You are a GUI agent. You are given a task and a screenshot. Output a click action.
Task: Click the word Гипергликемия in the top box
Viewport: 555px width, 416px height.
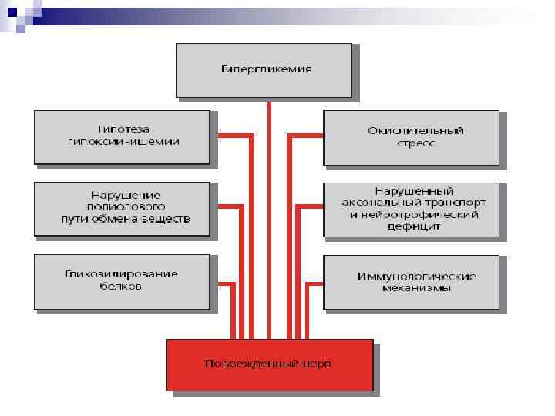click(x=267, y=69)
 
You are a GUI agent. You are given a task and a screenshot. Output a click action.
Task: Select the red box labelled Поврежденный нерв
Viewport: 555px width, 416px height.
click(x=270, y=364)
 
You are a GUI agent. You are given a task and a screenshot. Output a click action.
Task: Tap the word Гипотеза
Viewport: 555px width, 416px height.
click(x=123, y=129)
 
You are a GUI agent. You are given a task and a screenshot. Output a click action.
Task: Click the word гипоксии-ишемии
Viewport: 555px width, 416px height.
click(x=123, y=142)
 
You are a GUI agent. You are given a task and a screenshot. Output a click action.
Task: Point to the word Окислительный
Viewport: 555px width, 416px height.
click(x=416, y=130)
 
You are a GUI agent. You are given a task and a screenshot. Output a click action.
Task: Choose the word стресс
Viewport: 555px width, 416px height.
click(x=416, y=143)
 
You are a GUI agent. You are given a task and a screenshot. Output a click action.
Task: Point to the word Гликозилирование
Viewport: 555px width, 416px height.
click(x=122, y=273)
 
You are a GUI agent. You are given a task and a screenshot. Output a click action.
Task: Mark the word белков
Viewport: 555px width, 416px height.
click(x=122, y=286)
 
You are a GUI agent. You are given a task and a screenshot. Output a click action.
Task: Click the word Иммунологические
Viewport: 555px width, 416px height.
click(x=417, y=276)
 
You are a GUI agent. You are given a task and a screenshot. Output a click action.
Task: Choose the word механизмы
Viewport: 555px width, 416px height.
click(x=417, y=288)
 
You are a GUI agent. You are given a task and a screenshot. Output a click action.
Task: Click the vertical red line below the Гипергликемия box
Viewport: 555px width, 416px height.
click(x=268, y=216)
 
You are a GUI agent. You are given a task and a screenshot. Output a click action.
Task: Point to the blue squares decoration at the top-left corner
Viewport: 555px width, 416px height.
click(x=17, y=14)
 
